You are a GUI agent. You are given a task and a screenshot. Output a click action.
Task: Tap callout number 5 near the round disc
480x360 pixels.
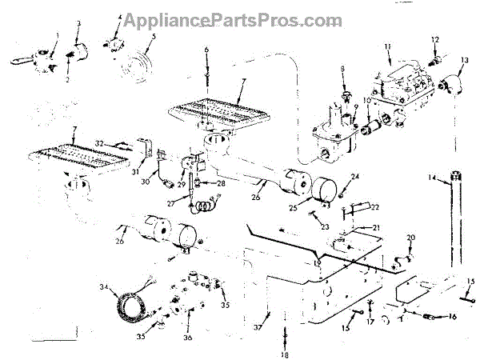click(154, 36)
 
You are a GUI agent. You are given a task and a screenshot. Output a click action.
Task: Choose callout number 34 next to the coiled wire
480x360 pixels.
click(103, 286)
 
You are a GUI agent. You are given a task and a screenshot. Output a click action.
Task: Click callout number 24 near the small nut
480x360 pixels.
click(356, 177)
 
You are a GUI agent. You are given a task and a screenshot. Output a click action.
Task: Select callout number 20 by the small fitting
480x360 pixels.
click(411, 238)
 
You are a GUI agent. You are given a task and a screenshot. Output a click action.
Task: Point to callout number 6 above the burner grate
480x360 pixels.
click(206, 50)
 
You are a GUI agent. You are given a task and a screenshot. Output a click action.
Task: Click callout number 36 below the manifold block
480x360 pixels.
click(189, 338)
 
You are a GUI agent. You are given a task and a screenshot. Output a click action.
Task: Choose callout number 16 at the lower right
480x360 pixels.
click(452, 317)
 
